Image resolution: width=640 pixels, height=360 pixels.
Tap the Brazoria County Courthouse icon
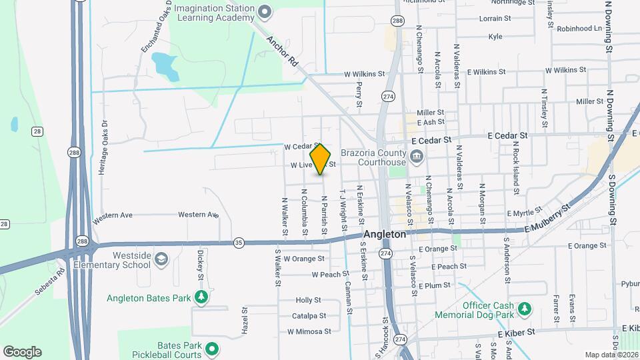click(417, 157)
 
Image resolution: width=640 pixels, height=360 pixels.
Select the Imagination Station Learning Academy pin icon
click(265, 11)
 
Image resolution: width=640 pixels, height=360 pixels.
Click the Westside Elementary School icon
click(161, 259)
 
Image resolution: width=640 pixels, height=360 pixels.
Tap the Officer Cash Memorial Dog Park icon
click(525, 309)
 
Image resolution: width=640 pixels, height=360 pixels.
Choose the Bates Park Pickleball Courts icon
click(212, 349)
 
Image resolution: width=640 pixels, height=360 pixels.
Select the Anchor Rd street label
click(282, 51)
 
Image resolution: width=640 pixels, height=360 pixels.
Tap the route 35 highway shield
click(239, 243)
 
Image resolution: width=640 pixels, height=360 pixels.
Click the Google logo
click(22, 352)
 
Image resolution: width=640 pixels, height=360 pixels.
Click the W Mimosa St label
click(309, 331)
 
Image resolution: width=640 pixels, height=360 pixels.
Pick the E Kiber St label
click(516, 331)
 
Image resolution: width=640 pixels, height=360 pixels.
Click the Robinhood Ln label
click(579, 29)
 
